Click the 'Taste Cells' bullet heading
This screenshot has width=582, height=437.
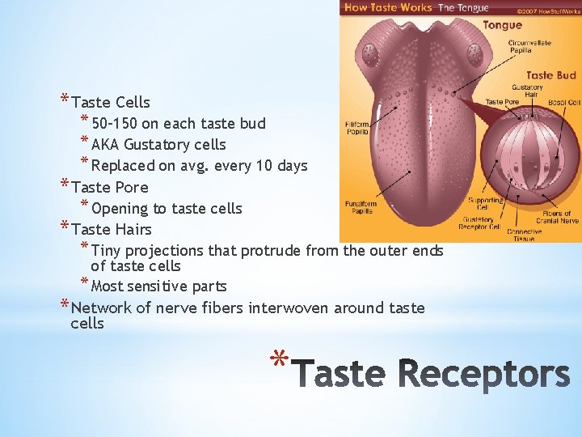[111, 102]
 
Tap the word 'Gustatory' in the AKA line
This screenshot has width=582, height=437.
[157, 145]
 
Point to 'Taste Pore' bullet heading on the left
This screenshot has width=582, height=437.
[110, 187]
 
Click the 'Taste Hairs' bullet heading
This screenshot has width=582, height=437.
[112, 229]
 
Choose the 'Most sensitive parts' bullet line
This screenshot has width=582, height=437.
[158, 286]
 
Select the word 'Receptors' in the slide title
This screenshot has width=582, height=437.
[485, 375]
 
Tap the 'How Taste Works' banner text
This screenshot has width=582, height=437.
[389, 7]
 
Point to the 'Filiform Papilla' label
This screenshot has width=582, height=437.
[357, 128]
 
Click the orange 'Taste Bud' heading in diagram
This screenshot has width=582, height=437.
[550, 75]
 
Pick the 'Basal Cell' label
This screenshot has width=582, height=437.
[563, 103]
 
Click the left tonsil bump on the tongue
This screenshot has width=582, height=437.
[371, 56]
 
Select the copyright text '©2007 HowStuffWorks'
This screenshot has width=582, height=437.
[548, 13]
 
